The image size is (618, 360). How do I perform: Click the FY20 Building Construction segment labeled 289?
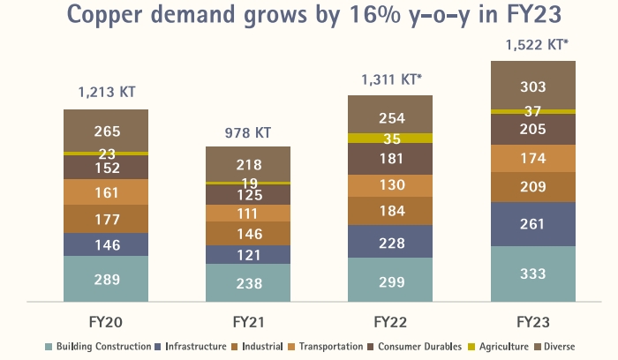pos(105,279)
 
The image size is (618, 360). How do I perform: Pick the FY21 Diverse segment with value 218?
pos(248,164)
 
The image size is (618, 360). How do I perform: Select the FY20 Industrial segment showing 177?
pos(105,219)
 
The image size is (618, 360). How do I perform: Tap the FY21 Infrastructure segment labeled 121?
pos(248,255)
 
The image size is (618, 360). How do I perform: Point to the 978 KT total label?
pos(248,133)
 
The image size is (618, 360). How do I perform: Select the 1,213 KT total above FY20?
pos(106,91)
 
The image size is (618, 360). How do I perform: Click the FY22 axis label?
pos(390,319)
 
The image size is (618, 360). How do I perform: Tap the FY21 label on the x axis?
pos(248,319)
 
